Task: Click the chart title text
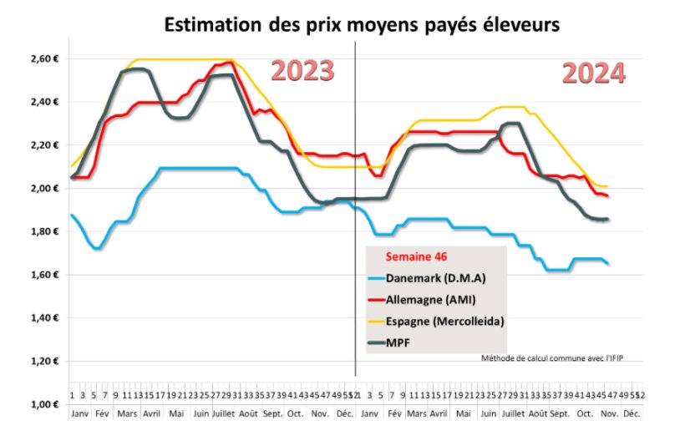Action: click(x=361, y=25)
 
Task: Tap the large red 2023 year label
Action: click(x=302, y=72)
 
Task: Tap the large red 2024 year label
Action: click(x=593, y=73)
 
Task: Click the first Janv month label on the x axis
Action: click(x=79, y=413)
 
